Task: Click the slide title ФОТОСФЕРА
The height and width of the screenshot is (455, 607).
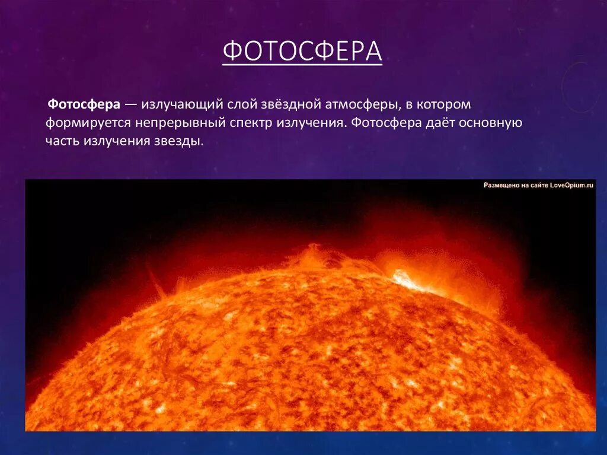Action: [302, 52]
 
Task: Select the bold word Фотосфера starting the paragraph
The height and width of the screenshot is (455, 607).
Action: [84, 105]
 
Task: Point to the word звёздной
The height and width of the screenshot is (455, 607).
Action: [290, 105]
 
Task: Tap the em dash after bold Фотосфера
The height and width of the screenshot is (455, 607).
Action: [131, 105]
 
